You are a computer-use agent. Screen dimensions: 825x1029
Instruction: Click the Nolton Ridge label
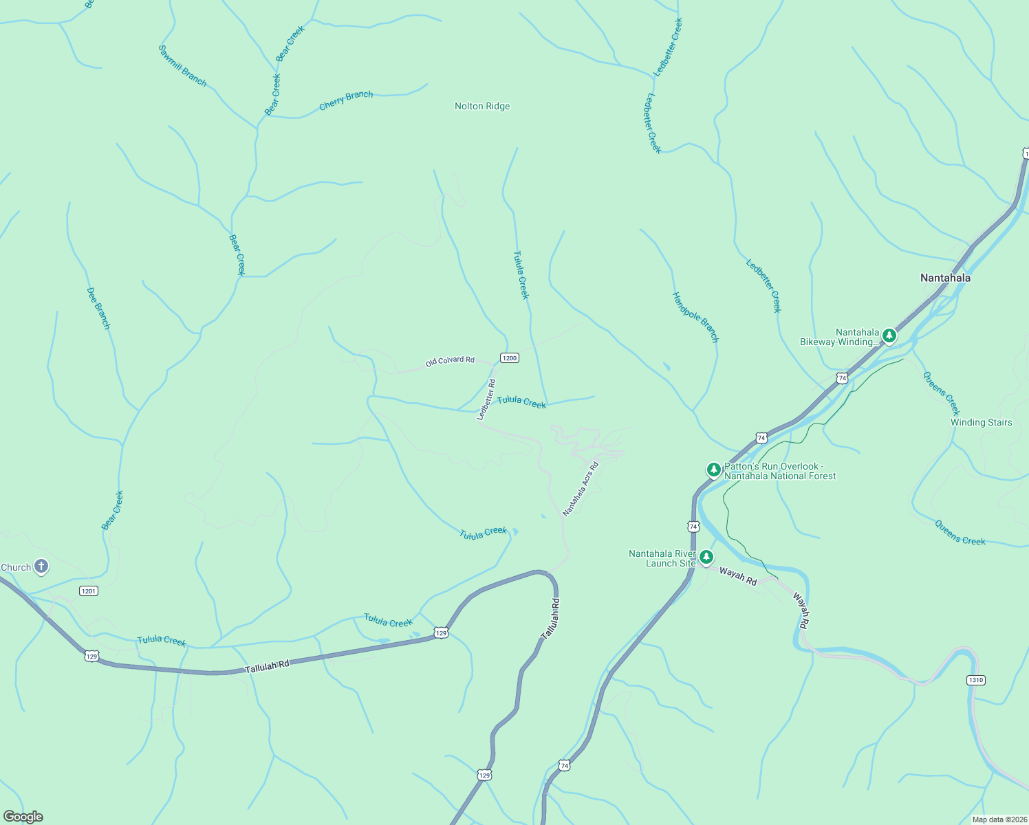482,107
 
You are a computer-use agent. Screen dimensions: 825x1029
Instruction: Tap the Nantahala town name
945,278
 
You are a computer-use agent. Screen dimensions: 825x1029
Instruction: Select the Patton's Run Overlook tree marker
714,470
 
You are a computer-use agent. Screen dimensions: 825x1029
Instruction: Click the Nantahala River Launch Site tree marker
706,558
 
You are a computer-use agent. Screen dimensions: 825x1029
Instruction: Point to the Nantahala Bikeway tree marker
889,335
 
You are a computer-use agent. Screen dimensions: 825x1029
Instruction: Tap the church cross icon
41,566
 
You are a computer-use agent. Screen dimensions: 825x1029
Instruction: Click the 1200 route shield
509,358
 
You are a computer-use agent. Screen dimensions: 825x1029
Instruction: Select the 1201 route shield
89,591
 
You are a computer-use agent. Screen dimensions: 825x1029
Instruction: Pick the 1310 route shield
975,680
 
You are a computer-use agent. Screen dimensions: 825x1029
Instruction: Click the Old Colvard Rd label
450,361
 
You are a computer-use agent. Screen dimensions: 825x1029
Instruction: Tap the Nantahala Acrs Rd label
581,489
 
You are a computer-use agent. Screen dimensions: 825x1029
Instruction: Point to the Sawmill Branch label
182,66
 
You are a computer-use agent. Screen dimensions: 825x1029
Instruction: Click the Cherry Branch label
346,100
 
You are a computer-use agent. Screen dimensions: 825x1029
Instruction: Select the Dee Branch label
98,308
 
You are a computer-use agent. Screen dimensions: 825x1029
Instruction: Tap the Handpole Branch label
695,318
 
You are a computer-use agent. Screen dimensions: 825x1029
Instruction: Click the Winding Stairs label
981,422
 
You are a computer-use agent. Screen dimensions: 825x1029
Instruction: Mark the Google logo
23,817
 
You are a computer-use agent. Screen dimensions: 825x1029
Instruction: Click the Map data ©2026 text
999,819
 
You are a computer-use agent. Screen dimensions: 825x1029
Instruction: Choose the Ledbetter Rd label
487,399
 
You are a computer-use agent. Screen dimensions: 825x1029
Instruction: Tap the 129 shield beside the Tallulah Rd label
91,657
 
